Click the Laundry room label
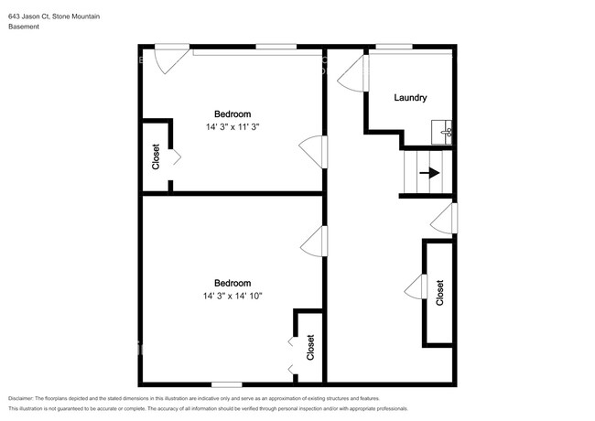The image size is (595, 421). tap(410, 98)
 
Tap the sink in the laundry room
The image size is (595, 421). tap(442, 133)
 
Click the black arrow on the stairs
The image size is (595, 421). tap(429, 173)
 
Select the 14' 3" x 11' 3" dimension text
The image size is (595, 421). tap(233, 126)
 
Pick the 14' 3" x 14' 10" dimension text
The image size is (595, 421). tap(233, 296)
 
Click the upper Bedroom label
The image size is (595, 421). tap(233, 114)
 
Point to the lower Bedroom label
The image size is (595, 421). tap(233, 283)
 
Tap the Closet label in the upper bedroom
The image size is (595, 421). tap(156, 157)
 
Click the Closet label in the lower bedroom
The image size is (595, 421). tap(310, 347)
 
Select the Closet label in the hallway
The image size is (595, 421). tap(439, 293)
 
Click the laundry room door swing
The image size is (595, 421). tap(353, 73)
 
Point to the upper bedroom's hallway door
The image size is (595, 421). tap(313, 152)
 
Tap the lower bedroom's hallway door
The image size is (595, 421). tap(314, 242)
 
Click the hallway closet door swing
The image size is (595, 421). tap(416, 286)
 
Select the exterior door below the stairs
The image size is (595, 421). tap(444, 219)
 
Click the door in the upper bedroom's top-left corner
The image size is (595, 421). tap(171, 59)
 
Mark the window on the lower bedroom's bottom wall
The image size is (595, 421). tap(227, 384)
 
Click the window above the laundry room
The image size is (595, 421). tap(394, 47)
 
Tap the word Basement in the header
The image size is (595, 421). tap(24, 27)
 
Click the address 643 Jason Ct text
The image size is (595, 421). tap(29, 16)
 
